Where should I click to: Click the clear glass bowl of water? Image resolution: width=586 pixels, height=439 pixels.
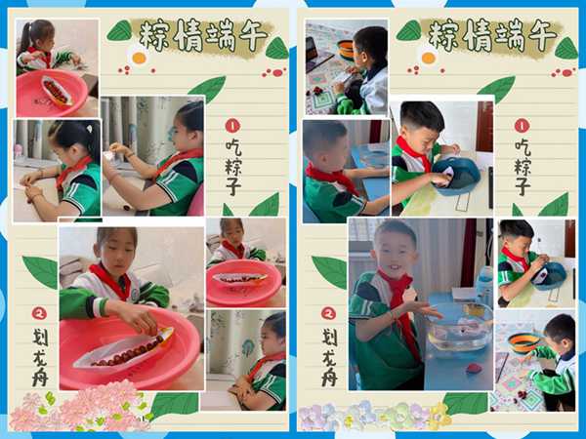[x=460, y=328]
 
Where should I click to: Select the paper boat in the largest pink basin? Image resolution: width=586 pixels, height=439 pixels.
[x=124, y=348]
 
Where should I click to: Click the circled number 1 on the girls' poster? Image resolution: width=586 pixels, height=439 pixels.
[x=232, y=126]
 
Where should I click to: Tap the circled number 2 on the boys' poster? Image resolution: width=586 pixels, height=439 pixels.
[x=328, y=313]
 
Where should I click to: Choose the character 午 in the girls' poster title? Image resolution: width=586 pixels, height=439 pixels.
[x=253, y=36]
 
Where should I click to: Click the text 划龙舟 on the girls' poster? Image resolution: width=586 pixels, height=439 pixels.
[x=40, y=356]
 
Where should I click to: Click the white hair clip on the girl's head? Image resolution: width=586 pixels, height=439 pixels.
[x=89, y=129]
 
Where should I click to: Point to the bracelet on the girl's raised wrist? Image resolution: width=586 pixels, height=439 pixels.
[x=130, y=154]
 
